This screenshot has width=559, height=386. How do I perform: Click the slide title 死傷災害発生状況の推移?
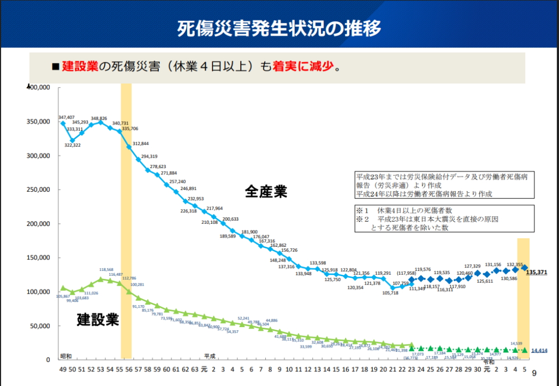point(279,28)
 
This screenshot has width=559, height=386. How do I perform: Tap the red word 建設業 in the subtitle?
point(80,67)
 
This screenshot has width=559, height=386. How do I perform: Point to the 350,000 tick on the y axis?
point(39,121)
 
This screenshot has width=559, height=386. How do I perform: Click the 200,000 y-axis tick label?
point(39,224)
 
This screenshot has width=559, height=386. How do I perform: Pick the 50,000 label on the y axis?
point(41,326)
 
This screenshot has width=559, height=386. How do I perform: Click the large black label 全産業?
point(265,191)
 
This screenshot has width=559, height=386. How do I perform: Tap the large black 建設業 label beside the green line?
point(97,319)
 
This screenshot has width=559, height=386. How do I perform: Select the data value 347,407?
point(66,117)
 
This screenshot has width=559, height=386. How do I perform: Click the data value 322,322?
point(73,145)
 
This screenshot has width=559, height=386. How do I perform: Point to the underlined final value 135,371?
point(537,272)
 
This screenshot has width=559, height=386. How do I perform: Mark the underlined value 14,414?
point(539,351)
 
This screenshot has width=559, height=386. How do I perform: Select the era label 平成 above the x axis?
point(210,355)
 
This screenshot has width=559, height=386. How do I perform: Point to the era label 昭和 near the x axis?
point(66,355)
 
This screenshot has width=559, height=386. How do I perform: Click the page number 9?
point(534,373)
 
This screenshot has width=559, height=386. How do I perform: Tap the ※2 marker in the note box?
point(362,219)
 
